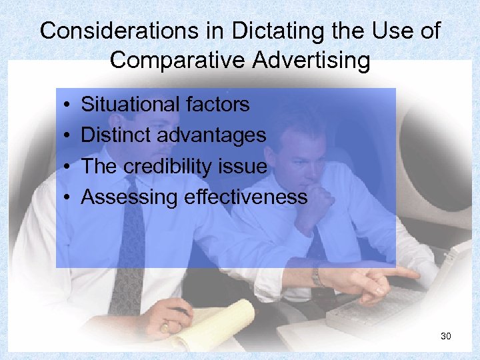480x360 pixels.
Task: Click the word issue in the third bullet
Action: [247, 166]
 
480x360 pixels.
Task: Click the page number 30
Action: [446, 336]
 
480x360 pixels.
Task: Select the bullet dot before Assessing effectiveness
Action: [69, 197]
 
